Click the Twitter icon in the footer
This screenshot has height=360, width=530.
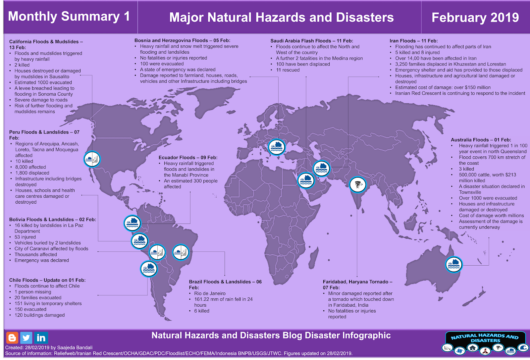(26, 338)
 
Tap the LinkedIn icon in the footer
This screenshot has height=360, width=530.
(41, 338)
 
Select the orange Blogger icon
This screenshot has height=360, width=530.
(12, 338)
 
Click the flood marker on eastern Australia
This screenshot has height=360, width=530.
(453, 264)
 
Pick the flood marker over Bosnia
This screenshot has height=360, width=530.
(276, 147)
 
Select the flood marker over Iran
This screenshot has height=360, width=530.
(321, 168)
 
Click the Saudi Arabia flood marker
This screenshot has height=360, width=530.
(306, 180)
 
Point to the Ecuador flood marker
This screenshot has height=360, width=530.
(132, 223)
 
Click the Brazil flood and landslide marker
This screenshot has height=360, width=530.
(181, 252)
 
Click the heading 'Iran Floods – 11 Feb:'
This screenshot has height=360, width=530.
(413, 41)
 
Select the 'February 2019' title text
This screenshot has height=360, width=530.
(475, 17)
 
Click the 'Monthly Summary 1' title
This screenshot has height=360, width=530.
(69, 16)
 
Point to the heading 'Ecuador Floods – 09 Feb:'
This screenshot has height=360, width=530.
(188, 158)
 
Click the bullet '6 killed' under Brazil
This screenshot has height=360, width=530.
(202, 311)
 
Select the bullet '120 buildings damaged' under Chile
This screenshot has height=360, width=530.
(39, 315)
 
